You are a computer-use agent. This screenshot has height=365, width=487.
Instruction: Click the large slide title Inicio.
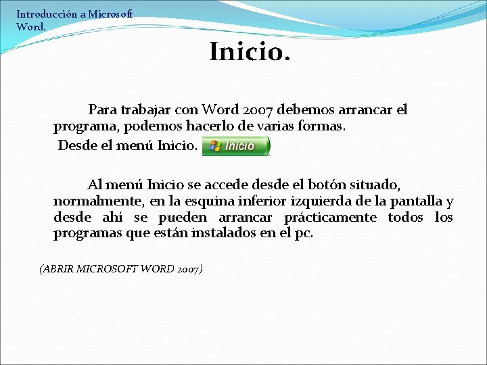pos(250,51)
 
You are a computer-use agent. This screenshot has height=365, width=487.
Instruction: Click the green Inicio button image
pos(236,146)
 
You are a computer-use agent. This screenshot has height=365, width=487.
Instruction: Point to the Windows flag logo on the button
pos(215,146)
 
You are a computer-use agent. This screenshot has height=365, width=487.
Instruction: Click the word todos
pos(405,218)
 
